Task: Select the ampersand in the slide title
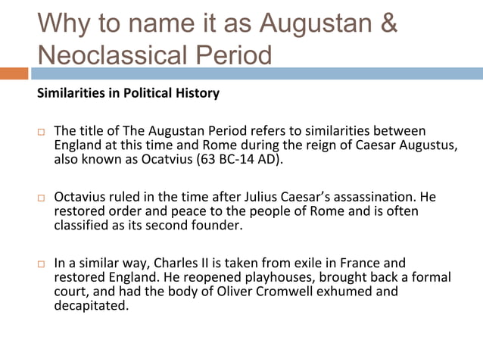pos(388,23)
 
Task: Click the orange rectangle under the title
pos(14,73)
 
